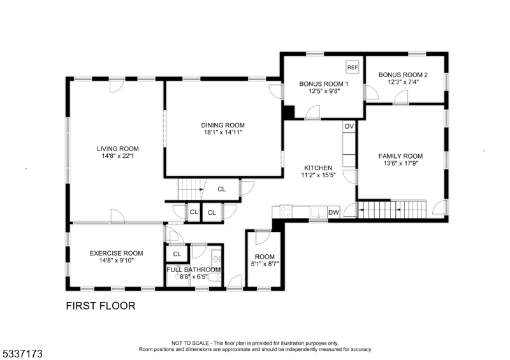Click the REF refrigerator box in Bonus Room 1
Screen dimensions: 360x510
(352, 67)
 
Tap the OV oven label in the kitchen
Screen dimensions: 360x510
(349, 127)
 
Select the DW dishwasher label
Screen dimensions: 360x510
(333, 212)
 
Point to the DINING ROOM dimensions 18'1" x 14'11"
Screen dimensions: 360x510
(222, 133)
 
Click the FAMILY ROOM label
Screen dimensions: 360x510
(400, 156)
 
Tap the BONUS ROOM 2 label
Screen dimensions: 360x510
(403, 75)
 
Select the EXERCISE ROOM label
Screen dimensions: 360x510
(116, 253)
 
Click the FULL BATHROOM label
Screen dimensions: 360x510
(194, 270)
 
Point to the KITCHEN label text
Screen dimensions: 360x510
(318, 168)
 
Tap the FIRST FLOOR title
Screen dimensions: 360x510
(101, 306)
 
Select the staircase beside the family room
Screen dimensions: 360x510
(392, 208)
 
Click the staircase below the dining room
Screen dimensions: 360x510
(190, 189)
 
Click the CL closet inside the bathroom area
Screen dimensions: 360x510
(177, 254)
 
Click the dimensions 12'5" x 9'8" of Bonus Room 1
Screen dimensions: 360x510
(324, 91)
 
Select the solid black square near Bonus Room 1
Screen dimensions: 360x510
(288, 112)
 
